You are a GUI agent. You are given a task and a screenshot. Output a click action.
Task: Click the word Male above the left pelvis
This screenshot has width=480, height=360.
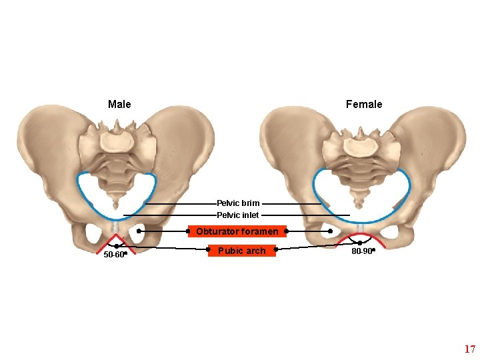119,105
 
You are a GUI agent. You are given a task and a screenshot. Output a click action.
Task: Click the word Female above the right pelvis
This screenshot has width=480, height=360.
364,105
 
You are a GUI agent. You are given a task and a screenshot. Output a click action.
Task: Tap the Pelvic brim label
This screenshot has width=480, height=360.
238,203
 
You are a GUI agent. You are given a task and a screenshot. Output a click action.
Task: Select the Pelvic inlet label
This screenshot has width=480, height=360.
238,215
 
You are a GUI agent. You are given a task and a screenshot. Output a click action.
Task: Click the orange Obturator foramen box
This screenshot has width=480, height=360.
237,232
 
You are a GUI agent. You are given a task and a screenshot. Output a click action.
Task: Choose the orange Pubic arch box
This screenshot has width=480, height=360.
241,251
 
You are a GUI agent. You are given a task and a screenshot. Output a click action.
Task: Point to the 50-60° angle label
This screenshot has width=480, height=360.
114,255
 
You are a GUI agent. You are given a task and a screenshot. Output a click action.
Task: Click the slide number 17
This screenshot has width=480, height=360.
469,349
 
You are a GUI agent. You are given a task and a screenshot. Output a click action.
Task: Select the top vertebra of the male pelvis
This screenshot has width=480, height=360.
117,141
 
